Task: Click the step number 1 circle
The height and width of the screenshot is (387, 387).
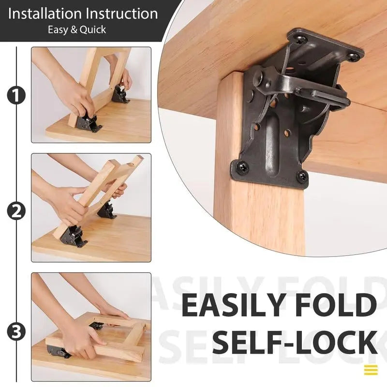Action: pyautogui.click(x=16, y=95)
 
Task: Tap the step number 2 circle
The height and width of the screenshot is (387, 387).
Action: pyautogui.click(x=16, y=210)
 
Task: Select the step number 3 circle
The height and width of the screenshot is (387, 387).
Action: pyautogui.click(x=16, y=331)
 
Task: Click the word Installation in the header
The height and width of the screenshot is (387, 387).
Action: pyautogui.click(x=45, y=14)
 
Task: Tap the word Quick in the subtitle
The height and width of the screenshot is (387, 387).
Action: pyautogui.click(x=93, y=30)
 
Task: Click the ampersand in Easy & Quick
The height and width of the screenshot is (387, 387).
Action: pyautogui.click(x=74, y=30)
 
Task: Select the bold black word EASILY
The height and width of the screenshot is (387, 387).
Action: pyautogui.click(x=233, y=306)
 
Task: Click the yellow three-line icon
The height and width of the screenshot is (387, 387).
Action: pyautogui.click(x=371, y=370)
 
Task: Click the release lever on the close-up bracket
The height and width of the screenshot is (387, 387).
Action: pyautogui.click(x=319, y=94)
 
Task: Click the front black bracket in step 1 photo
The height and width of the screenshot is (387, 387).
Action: pyautogui.click(x=89, y=122)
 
